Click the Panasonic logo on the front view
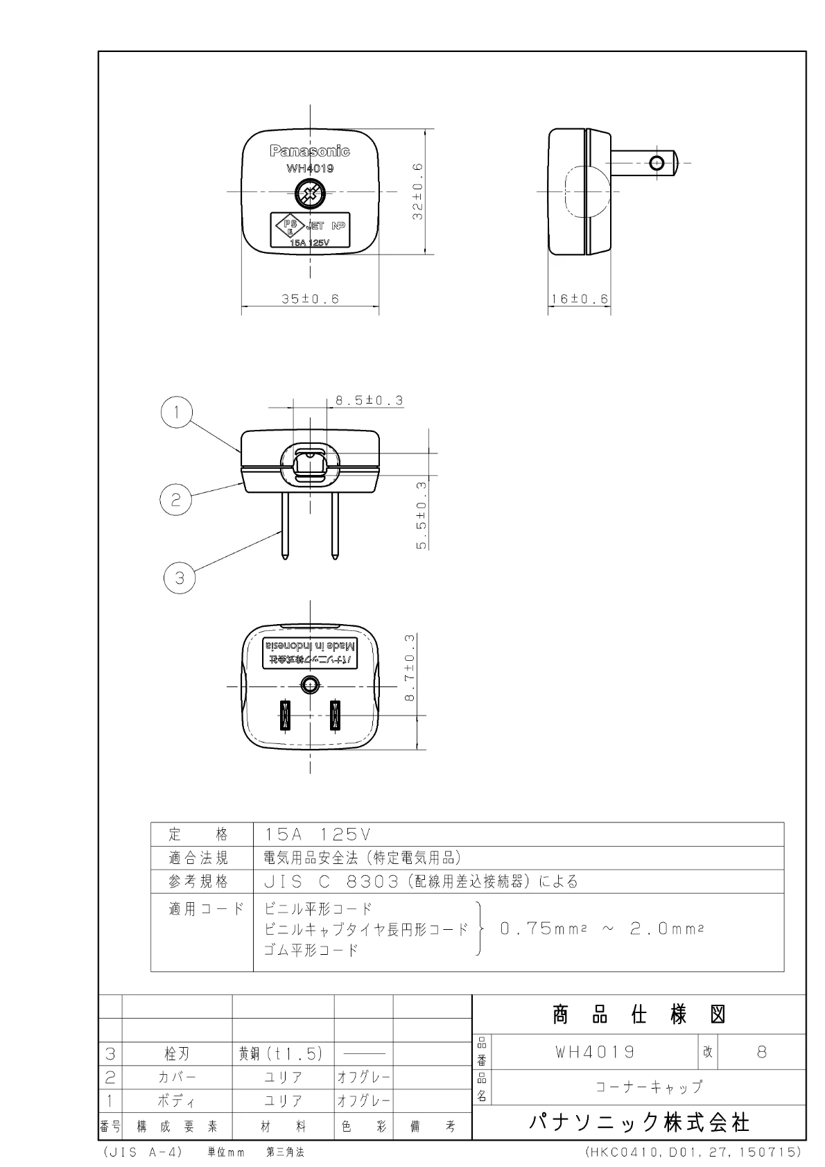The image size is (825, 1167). tap(310, 151)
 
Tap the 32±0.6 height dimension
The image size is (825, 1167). tap(418, 191)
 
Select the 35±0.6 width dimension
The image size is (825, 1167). tap(311, 299)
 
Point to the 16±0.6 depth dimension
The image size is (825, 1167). tap(580, 299)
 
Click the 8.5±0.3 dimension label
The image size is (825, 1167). tap(370, 400)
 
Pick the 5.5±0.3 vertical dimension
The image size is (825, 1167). tap(422, 515)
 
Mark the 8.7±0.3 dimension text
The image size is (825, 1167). tap(409, 667)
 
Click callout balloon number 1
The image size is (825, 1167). tap(177, 412)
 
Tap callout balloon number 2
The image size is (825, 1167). tap(175, 500)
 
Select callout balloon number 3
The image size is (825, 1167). tap(180, 578)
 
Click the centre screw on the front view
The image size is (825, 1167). tap(311, 194)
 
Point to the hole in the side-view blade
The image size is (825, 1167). tap(657, 163)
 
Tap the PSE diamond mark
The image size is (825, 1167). tap(290, 227)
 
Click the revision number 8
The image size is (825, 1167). tap(762, 1052)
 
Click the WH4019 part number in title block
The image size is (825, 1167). tap(595, 1052)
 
